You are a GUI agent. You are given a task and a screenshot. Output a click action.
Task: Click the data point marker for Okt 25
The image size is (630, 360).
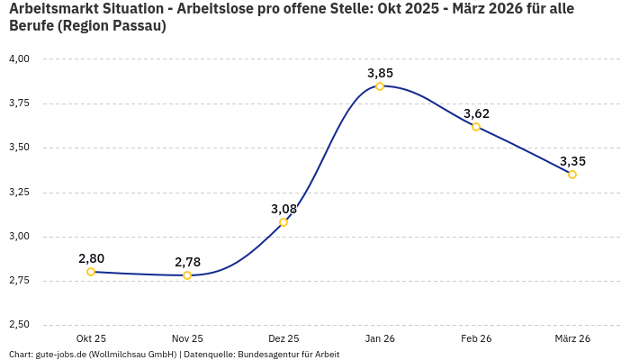(x=91, y=272)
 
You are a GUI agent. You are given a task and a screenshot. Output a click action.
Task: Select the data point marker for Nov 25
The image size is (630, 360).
(x=187, y=275)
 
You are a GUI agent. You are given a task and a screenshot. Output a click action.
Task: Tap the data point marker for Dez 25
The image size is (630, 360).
(x=283, y=222)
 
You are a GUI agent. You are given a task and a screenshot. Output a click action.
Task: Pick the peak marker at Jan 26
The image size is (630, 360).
(x=380, y=86)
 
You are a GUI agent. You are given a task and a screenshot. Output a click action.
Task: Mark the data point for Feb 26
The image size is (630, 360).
(x=476, y=127)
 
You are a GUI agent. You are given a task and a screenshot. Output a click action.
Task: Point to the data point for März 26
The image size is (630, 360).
(x=572, y=175)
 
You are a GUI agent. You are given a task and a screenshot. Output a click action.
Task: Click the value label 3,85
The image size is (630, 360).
(x=380, y=73)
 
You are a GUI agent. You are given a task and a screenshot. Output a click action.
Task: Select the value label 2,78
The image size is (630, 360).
(x=187, y=262)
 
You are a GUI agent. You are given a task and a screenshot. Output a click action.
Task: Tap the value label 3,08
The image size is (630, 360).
(x=283, y=209)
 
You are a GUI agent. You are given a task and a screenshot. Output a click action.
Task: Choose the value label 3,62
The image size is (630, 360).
(x=476, y=113)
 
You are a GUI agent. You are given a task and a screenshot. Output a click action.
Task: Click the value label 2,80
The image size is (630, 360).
(x=91, y=258)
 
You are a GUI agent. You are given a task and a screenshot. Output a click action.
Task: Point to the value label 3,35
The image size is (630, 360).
(x=572, y=161)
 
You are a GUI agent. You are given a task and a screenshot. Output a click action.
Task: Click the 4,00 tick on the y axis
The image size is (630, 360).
(x=19, y=58)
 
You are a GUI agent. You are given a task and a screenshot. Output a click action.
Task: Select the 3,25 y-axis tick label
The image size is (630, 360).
(x=19, y=192)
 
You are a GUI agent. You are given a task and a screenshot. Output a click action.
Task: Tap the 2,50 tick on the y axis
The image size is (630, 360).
(x=19, y=325)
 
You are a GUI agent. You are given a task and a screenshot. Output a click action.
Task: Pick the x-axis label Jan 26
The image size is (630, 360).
(x=380, y=338)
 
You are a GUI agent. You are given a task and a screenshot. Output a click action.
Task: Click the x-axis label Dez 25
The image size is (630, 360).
(x=283, y=338)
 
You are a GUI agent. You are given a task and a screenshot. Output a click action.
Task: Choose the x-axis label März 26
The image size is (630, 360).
(x=572, y=338)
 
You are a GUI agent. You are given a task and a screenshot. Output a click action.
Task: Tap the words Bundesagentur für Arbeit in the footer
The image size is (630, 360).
(x=288, y=355)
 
